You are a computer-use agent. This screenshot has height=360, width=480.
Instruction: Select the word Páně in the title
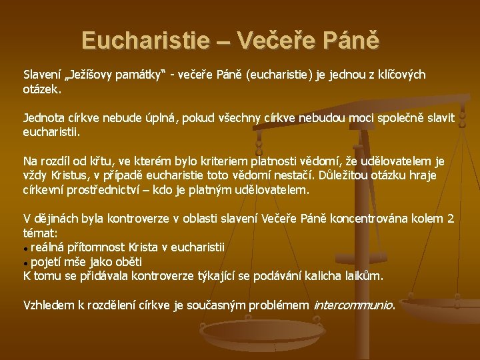coord(352,41)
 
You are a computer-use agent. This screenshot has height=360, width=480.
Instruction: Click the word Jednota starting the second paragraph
coord(45,118)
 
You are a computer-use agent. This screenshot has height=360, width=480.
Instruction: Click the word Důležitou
coord(351,175)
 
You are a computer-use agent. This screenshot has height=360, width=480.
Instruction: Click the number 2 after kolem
coord(451,219)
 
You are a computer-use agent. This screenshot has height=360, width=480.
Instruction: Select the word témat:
coord(41,233)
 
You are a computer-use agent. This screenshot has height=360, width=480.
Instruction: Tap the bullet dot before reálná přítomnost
coord(26,248)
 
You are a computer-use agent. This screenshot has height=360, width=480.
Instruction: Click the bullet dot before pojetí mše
coord(26,262)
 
